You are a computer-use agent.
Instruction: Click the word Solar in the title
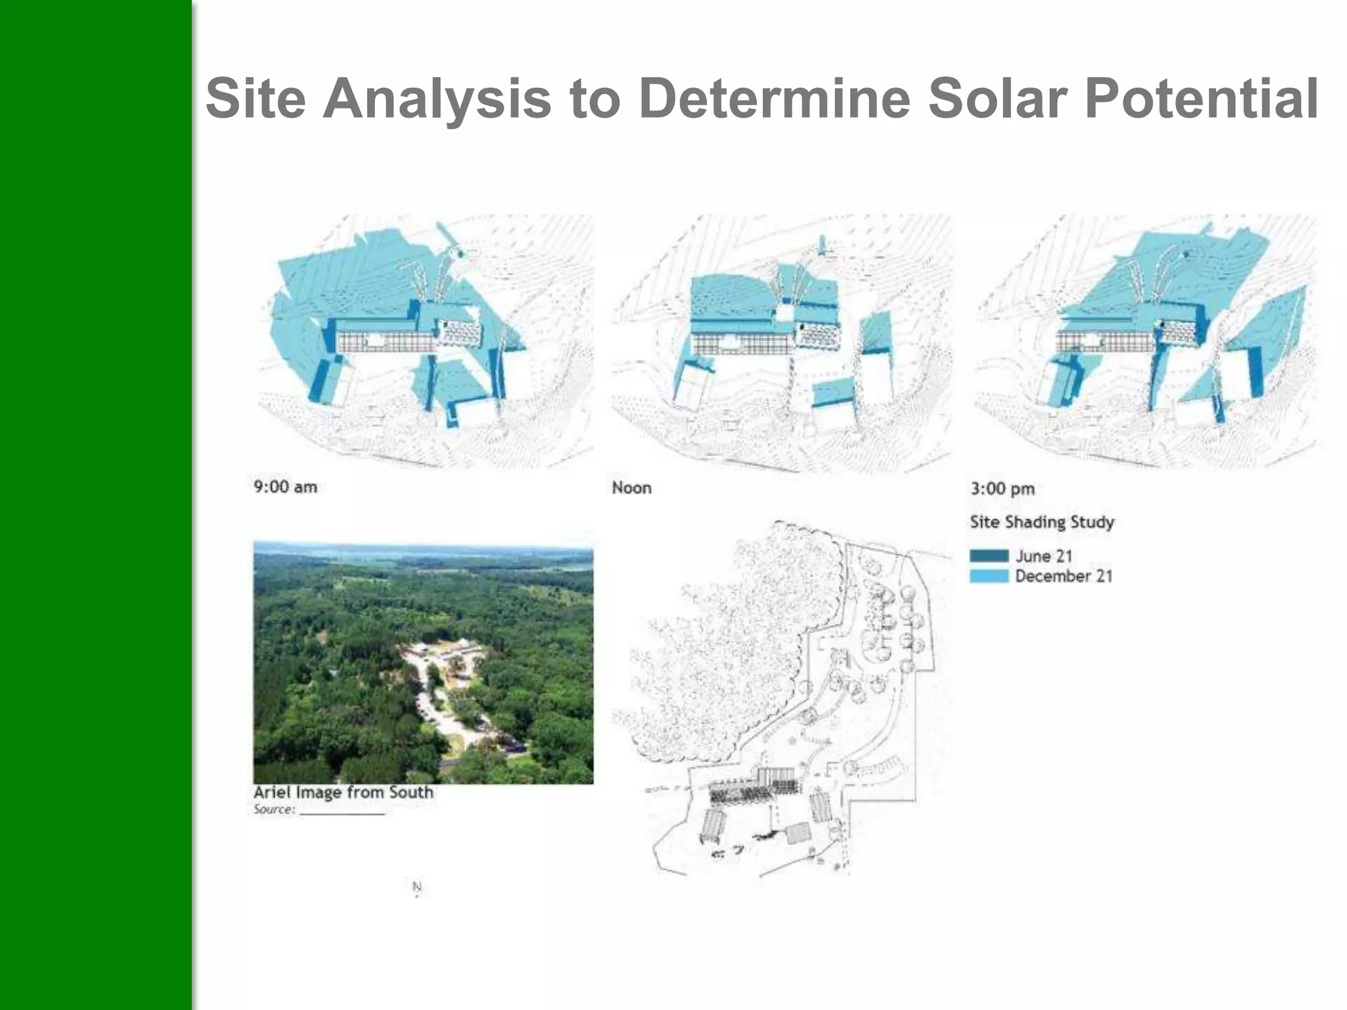(x=997, y=99)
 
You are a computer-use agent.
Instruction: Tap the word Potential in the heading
(x=1201, y=99)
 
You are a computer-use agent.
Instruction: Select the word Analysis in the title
(x=437, y=99)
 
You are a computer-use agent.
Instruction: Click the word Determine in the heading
(x=773, y=99)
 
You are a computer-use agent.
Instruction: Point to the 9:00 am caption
(x=285, y=487)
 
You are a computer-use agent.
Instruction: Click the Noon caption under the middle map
(x=631, y=488)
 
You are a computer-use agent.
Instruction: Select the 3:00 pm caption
(x=1002, y=489)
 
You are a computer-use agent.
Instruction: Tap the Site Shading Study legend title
(x=1042, y=522)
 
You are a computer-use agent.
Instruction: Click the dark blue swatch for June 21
(x=989, y=556)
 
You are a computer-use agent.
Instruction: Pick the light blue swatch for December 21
(x=989, y=576)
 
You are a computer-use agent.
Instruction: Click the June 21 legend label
(x=1044, y=556)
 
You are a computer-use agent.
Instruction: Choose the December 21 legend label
(x=1064, y=576)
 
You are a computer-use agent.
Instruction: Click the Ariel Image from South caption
(x=343, y=792)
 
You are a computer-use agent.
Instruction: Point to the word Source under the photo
(x=273, y=809)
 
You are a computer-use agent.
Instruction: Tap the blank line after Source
(x=342, y=813)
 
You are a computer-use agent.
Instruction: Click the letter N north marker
(x=416, y=887)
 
